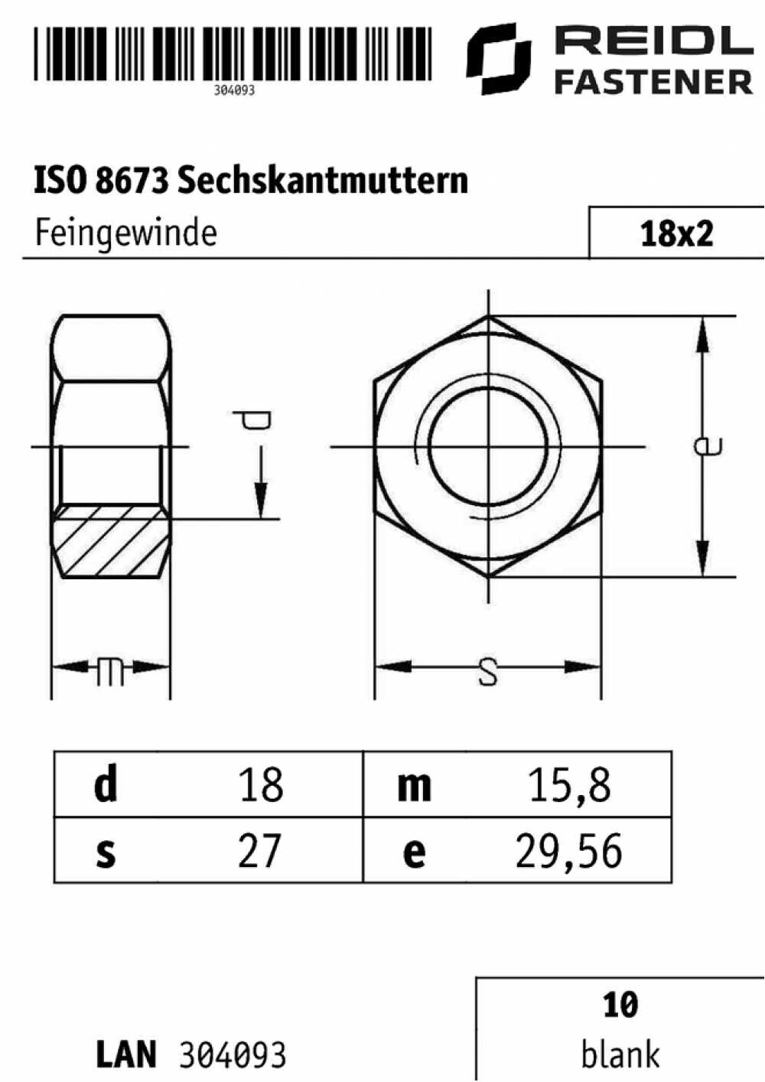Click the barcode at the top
point(233,53)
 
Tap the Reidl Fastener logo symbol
point(500,59)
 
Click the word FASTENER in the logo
point(654,82)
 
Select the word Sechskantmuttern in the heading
point(323,181)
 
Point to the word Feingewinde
point(126,234)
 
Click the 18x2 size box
point(676,233)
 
